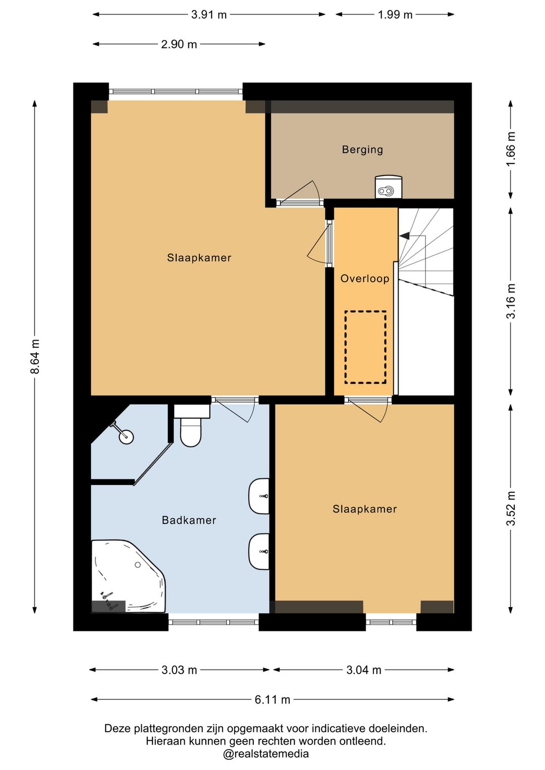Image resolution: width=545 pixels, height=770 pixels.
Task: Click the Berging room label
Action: click(362, 149)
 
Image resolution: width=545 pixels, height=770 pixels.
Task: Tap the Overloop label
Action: click(365, 279)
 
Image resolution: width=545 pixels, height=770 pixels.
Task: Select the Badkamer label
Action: click(189, 520)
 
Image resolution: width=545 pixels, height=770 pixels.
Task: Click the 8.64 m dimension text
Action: click(35, 356)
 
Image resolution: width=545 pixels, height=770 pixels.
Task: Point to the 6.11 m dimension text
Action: click(272, 700)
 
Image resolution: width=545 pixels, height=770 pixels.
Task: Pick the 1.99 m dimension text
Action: click(395, 15)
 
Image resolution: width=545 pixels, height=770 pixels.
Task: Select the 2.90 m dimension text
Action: click(179, 44)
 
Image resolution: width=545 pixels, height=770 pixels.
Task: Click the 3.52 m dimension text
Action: click(511, 509)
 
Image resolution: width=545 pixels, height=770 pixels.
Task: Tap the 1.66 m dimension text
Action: click(511, 148)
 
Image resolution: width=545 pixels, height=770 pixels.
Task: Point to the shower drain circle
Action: click(126, 437)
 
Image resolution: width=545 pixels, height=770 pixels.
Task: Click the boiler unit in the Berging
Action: click(388, 187)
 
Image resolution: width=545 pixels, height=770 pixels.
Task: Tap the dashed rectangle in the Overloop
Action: click(365, 347)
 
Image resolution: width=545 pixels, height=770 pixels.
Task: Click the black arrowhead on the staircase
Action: click(404, 236)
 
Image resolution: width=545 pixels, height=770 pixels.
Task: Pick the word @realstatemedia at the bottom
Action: click(266, 754)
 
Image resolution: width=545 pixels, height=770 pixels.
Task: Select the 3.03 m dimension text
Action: click(179, 670)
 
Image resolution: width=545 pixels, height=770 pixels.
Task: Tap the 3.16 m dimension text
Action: click(511, 301)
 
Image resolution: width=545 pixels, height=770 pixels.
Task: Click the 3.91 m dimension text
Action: click(209, 15)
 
